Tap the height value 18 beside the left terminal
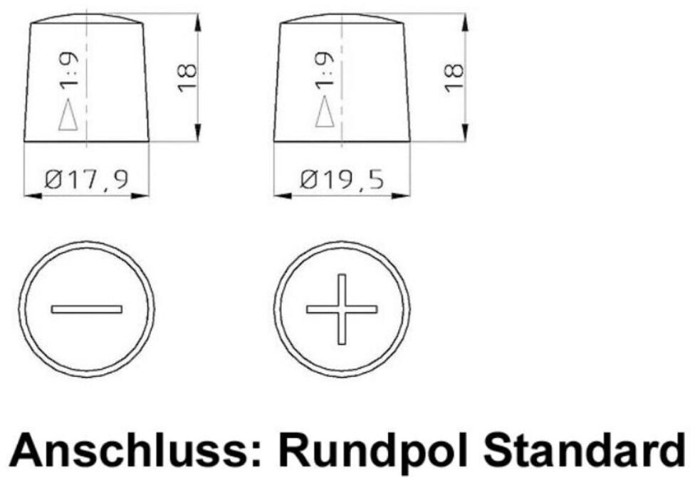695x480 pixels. tap(187, 78)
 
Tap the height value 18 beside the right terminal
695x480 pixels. tap(454, 78)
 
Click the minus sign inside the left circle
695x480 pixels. tap(87, 309)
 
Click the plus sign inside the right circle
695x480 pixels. tap(342, 309)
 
